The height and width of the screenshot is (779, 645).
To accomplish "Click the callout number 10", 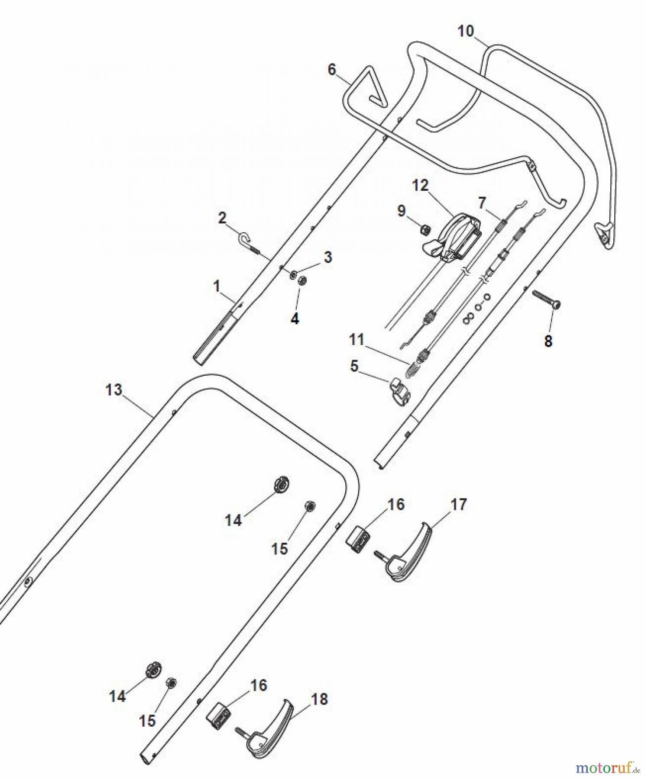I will (x=466, y=32).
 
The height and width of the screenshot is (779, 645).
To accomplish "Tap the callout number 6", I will (x=332, y=69).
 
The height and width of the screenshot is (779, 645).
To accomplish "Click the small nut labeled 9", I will (x=425, y=229).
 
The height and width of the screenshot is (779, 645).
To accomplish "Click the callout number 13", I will (x=114, y=389).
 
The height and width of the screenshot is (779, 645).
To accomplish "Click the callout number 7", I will (x=482, y=203).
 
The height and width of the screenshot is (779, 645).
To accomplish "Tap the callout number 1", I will (x=217, y=286).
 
